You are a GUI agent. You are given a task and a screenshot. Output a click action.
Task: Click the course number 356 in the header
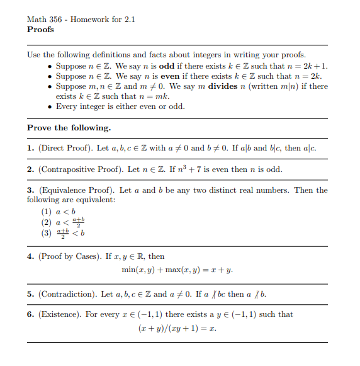pyautogui.click(x=55, y=19)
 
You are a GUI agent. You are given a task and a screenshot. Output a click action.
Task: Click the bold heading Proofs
pyautogui.click(x=40, y=30)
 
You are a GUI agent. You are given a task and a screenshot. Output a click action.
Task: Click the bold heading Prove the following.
pyautogui.click(x=69, y=128)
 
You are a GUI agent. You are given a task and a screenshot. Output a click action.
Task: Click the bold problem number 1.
pyautogui.click(x=30, y=148)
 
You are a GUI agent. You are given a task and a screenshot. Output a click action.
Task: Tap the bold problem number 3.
pyautogui.click(x=30, y=190)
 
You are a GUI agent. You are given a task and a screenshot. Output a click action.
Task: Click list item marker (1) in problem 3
pyautogui.click(x=47, y=211)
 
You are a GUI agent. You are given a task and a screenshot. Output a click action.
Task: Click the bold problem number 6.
pyautogui.click(x=30, y=314)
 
